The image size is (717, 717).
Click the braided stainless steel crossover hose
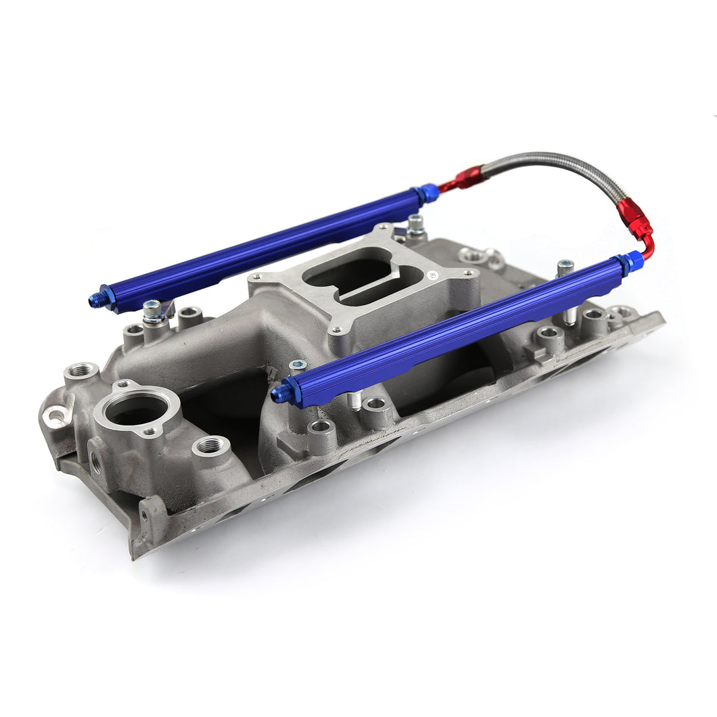[x=555, y=165]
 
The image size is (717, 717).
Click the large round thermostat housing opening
[x=137, y=410]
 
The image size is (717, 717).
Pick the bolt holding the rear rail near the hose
[x=415, y=225]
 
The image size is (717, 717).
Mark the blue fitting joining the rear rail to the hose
[x=427, y=194]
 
